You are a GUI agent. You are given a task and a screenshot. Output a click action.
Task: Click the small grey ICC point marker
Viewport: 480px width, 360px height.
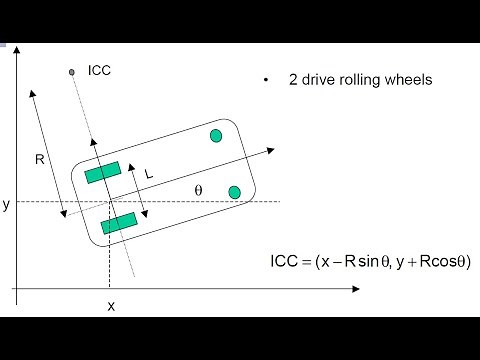click(72, 71)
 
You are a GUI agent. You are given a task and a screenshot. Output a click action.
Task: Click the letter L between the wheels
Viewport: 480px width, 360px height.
click(149, 173)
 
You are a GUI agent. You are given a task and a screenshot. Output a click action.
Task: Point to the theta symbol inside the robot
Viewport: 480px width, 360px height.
click(198, 188)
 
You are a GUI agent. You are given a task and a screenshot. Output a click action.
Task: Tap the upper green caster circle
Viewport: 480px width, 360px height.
click(215, 136)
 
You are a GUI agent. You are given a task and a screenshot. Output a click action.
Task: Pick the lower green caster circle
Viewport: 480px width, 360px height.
click(234, 191)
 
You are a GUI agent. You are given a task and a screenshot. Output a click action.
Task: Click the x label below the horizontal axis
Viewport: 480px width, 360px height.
click(110, 306)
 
